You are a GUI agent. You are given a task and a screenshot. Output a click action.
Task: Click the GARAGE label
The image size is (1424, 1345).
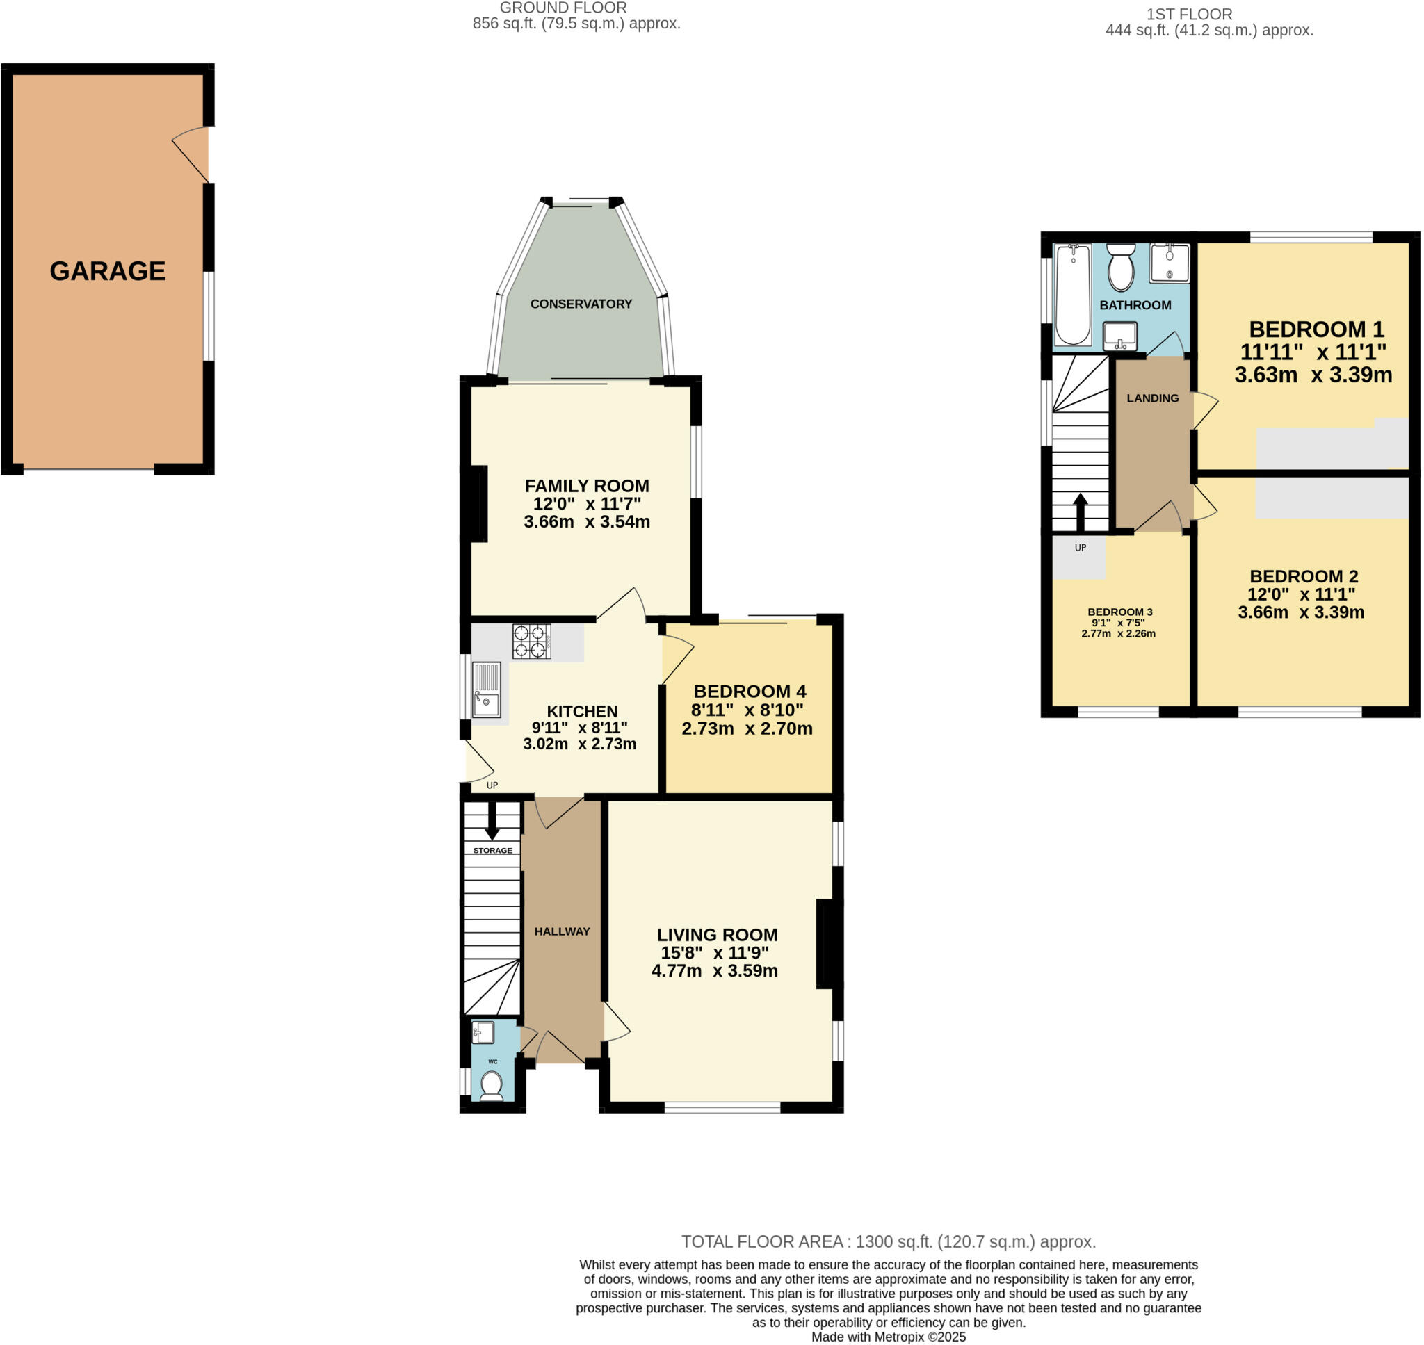point(108,271)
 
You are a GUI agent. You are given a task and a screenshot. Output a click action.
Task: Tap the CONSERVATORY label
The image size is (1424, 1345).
point(581,304)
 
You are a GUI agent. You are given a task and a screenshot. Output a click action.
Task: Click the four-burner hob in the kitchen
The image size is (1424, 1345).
point(531,642)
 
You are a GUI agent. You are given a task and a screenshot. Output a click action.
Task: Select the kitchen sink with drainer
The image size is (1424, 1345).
point(486,689)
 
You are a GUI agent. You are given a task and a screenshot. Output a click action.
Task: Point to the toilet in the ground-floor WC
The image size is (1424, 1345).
point(491,1085)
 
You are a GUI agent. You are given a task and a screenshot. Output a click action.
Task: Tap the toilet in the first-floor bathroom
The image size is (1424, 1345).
point(1121,268)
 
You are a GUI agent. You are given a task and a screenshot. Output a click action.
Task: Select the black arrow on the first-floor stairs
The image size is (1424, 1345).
point(1080,510)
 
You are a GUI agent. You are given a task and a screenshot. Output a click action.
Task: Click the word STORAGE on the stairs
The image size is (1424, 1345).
point(492,850)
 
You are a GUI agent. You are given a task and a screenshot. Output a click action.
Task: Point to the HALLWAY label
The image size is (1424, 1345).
point(561,931)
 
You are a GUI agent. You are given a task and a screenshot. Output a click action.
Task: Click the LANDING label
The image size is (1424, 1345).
point(1152,398)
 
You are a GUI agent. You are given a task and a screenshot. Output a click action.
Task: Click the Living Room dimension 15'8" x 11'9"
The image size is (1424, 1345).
point(714,953)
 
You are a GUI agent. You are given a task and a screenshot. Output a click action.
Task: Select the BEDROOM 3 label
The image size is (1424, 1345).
point(1120,612)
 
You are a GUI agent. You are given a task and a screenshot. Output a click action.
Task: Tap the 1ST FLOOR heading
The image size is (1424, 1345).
point(1208,15)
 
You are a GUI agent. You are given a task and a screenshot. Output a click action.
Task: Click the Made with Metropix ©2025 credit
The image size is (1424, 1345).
point(889,1337)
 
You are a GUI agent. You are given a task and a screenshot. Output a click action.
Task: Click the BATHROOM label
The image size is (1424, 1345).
point(1135,305)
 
